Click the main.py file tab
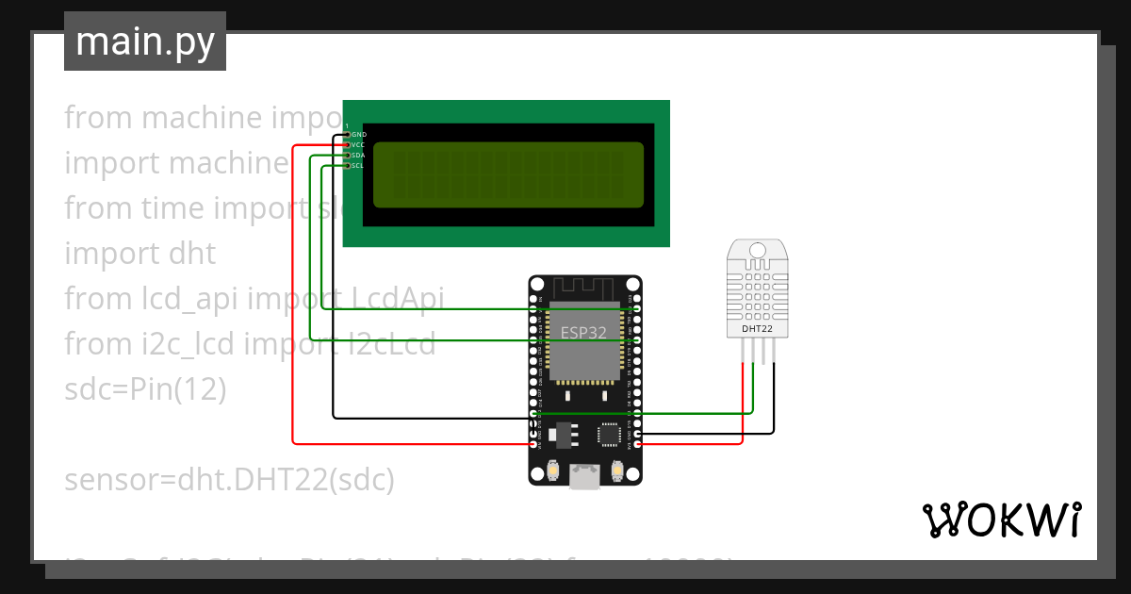(x=144, y=41)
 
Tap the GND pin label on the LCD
(x=359, y=135)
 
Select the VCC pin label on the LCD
(x=358, y=145)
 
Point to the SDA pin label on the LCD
(x=358, y=156)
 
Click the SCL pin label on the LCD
(x=358, y=166)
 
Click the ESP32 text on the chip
(x=584, y=332)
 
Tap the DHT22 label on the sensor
(x=758, y=329)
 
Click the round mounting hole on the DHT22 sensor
(x=758, y=250)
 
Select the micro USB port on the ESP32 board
(x=584, y=477)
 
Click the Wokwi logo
(x=1001, y=520)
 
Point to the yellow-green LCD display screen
(x=509, y=174)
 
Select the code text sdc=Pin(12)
(x=145, y=389)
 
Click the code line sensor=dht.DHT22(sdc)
(x=229, y=480)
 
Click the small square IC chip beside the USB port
(x=609, y=434)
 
